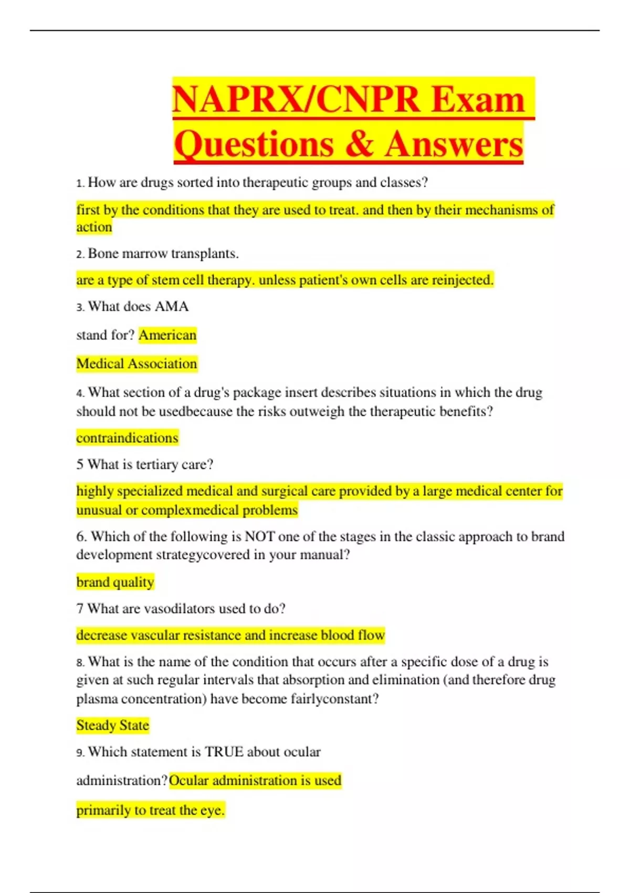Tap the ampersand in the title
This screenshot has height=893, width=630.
[x=360, y=143]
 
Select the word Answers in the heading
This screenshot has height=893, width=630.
[x=454, y=143]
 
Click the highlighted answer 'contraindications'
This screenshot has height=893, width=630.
[x=127, y=438]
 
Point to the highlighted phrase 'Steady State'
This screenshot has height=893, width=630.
[x=112, y=725]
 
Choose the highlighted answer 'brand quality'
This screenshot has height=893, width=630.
[x=115, y=582]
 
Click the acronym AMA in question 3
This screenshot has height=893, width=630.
[x=171, y=306]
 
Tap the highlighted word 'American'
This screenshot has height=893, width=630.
[x=167, y=335]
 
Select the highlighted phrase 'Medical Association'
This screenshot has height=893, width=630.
[x=136, y=364]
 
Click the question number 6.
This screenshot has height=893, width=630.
[x=81, y=536]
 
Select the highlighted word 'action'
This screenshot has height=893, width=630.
[x=94, y=227]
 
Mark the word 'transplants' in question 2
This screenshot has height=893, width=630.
[x=205, y=254]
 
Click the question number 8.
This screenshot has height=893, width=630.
[x=80, y=662]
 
